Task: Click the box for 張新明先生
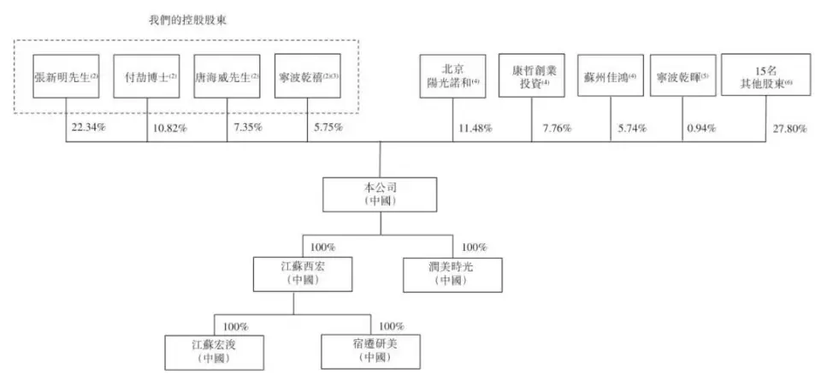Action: tap(66, 76)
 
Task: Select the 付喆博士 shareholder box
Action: tap(146, 76)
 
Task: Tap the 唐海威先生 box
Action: tap(227, 76)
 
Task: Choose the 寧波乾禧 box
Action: tap(307, 76)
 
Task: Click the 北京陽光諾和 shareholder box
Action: tap(453, 75)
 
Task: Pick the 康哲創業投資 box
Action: tap(531, 75)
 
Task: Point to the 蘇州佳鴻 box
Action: tap(611, 75)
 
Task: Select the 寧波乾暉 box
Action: tap(682, 75)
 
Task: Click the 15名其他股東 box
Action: tap(766, 74)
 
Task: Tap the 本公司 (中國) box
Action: tap(380, 194)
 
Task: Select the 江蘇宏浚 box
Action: tap(214, 353)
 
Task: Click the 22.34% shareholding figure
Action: tap(88, 127)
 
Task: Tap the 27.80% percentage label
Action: tap(790, 128)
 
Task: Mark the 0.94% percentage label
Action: tap(700, 128)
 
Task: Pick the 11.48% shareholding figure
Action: tap(475, 128)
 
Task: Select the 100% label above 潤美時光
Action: tap(475, 247)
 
